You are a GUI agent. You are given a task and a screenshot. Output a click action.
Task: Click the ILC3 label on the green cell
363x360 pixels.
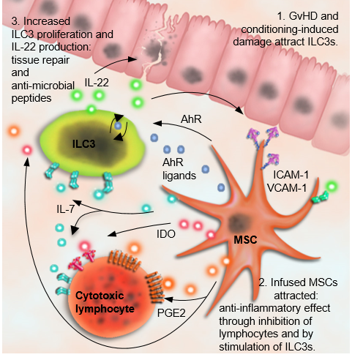coord(83,144)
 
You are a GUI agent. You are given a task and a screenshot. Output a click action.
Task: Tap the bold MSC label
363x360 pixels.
coord(245,240)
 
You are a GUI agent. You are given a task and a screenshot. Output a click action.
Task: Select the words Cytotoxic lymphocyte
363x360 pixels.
coord(105,302)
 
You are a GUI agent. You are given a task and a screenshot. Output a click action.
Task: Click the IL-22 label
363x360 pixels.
coord(97,83)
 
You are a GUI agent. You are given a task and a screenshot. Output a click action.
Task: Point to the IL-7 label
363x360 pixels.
coord(65,209)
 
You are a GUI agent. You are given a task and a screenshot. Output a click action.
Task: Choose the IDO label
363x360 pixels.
coord(166,234)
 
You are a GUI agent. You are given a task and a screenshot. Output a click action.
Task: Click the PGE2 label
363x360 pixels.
coord(171,313)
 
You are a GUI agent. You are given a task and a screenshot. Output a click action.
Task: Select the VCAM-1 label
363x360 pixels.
coord(287,188)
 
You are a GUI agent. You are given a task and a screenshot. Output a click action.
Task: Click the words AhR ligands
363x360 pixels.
coord(179,169)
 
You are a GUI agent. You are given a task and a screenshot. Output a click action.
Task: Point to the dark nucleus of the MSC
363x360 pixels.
coord(236,222)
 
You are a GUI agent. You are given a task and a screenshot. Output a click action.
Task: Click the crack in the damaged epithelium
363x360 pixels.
coord(154,56)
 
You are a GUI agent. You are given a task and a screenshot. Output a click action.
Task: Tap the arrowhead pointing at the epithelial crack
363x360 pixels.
coord(132,59)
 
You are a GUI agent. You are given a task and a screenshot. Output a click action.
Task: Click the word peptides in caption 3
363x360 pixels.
coord(31,99)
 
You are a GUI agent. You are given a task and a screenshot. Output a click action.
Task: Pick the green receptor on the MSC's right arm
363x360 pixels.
coord(320,198)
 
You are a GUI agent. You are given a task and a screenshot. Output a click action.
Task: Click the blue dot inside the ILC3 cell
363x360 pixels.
coord(118,126)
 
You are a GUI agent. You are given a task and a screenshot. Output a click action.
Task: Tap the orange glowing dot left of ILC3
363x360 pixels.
coord(14,131)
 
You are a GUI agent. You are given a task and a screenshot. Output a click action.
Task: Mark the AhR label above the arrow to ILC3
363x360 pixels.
coord(191,119)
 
